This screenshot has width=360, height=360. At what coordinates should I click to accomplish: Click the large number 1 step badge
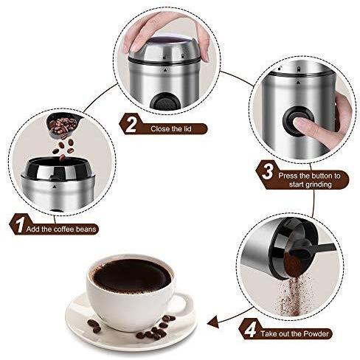coord(19,224)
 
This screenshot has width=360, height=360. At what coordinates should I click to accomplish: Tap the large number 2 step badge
coord(131,124)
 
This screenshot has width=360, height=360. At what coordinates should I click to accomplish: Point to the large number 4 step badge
coord(250,330)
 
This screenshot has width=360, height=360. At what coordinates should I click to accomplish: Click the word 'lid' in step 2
coord(187,128)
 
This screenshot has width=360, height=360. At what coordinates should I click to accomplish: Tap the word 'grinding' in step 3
coord(311,184)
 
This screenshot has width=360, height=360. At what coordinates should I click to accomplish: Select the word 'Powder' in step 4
coord(316,333)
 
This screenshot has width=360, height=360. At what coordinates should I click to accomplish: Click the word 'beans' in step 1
coord(86,229)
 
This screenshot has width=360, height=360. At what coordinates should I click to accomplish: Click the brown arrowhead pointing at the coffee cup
coord(213,322)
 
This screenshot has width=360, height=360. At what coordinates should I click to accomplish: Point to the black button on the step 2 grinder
coord(165,102)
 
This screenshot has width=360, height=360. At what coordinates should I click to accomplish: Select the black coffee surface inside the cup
coord(132,276)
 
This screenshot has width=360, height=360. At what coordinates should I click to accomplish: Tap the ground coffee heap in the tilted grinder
coord(294,263)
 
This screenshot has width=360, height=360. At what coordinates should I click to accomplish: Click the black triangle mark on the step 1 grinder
coord(54,187)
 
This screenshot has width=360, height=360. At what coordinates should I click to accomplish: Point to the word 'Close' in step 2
coord(161,128)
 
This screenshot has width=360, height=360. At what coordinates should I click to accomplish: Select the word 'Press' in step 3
coord(288,176)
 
